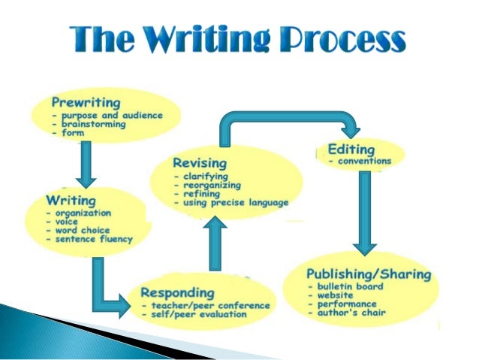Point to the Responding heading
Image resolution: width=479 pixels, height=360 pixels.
pyautogui.click(x=178, y=292)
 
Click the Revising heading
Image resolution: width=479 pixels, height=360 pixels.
pyautogui.click(x=199, y=163)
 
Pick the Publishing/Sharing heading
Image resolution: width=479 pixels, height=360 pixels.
pyautogui.click(x=369, y=274)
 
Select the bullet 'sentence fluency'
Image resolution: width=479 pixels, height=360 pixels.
pyautogui.click(x=92, y=239)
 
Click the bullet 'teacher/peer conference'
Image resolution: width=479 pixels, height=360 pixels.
pyautogui.click(x=197, y=306)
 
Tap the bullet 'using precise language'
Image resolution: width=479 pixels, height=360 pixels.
pyautogui.click(x=234, y=202)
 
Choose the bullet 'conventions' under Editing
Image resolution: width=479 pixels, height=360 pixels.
pyautogui.click(x=363, y=161)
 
